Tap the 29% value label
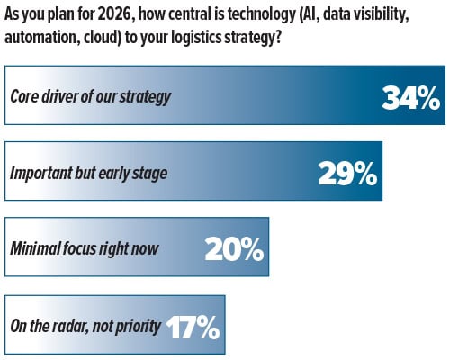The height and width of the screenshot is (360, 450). pyautogui.click(x=347, y=173)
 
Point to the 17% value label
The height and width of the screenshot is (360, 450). pyautogui.click(x=192, y=326)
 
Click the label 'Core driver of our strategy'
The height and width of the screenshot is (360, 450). pyautogui.click(x=90, y=97)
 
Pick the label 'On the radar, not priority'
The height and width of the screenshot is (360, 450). pyautogui.click(x=87, y=326)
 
